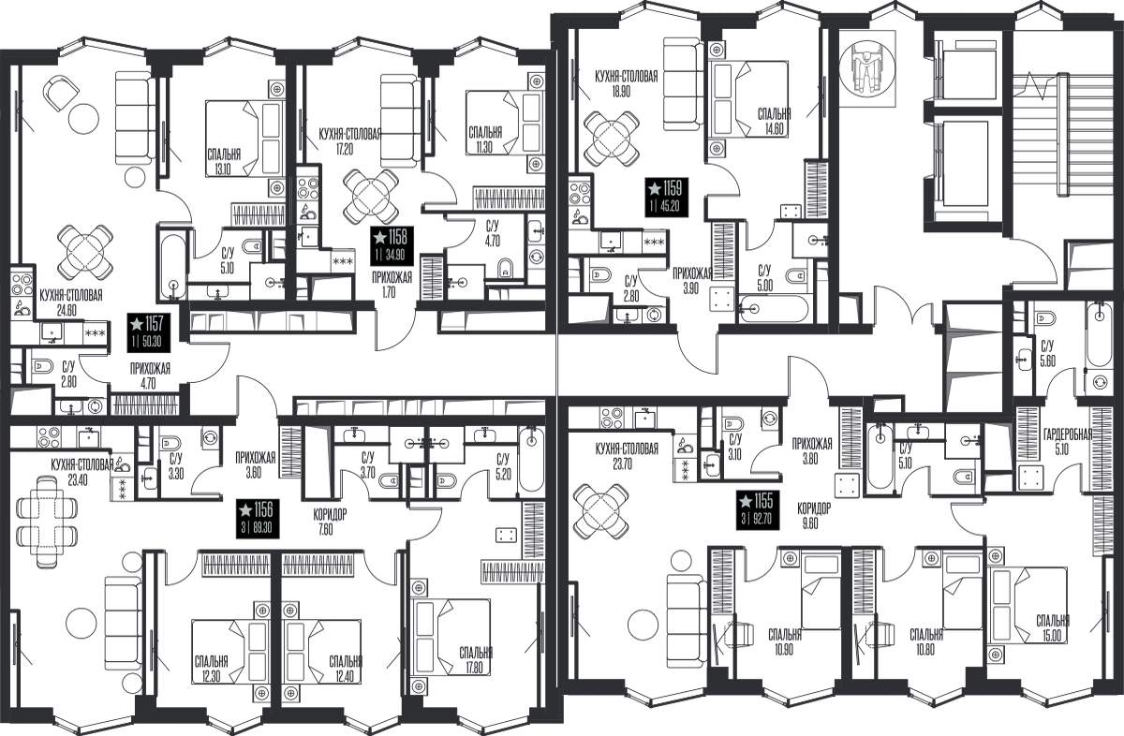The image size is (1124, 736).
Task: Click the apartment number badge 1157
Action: click(149, 332)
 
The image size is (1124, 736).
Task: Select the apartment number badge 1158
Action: click(392, 245)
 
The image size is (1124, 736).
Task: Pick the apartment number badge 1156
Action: click(258, 519)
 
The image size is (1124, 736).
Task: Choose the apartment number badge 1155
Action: click(758, 509)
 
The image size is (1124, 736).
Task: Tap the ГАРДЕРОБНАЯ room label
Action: click(1068, 434)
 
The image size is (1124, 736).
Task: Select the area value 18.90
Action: click(621, 92)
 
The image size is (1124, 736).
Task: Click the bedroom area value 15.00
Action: click(1052, 636)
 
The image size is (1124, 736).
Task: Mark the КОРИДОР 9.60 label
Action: click(814, 516)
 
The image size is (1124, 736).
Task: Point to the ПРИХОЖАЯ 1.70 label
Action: click(392, 284)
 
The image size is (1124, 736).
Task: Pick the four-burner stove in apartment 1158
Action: click(307, 188)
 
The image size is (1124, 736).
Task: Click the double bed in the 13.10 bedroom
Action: click(244, 139)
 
